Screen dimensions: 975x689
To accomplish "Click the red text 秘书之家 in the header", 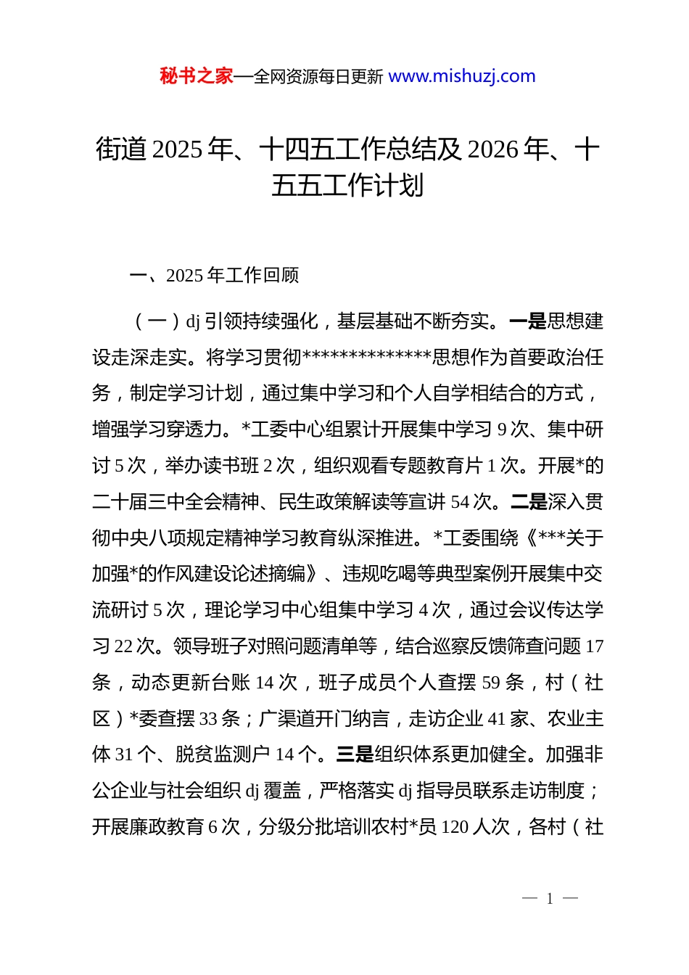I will [x=197, y=76].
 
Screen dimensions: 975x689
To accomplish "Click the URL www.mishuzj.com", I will [x=462, y=76].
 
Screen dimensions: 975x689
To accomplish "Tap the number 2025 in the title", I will [x=178, y=149].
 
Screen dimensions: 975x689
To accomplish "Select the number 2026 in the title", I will [x=493, y=149].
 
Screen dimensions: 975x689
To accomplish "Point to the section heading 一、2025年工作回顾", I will [x=214, y=276].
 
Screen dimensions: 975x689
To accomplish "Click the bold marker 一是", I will [x=528, y=321].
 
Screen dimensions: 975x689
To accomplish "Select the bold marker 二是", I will [x=529, y=501].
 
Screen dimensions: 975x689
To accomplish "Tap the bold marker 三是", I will [x=355, y=754].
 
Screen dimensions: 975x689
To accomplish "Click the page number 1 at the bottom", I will [x=550, y=899].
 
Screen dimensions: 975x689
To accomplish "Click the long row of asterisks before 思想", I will [x=367, y=357].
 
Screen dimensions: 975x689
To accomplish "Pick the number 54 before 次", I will [x=460, y=501].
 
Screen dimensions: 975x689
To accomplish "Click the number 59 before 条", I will [x=491, y=683].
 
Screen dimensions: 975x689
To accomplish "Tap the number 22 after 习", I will [x=124, y=646].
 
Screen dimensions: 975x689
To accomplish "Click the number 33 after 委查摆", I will [x=208, y=719].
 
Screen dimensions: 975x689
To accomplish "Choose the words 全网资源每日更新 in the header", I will [x=318, y=76].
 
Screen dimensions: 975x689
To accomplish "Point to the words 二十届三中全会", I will [x=157, y=501].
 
